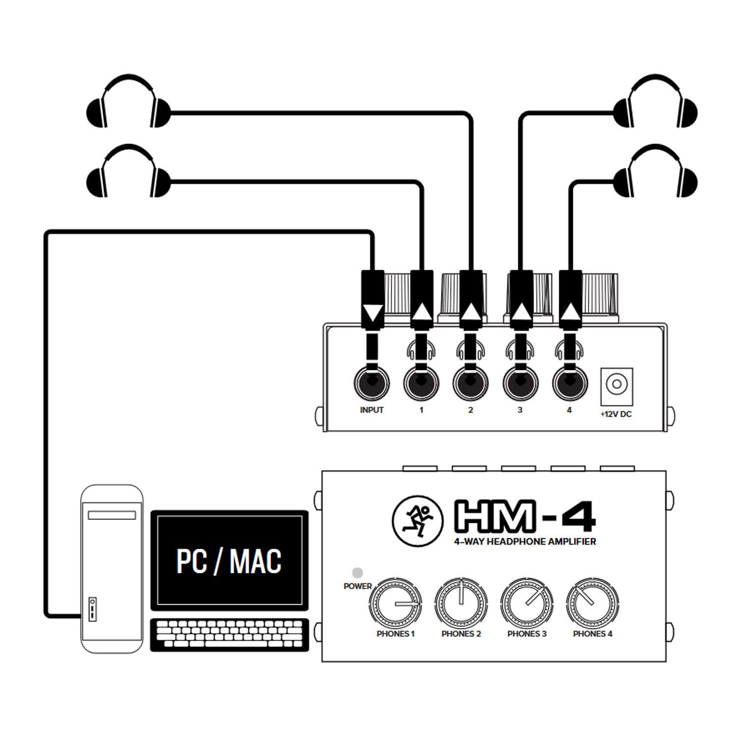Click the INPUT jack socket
pos(371,383)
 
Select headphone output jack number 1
pos(421,383)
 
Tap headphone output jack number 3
pos(520,383)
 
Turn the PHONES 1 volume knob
pos(396,604)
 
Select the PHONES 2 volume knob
pos(461,604)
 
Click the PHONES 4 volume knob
pos(593,604)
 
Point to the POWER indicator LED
pos(358,572)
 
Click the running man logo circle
pos(415,523)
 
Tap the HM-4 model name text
pos(525,516)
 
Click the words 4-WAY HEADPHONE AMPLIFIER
pos(525,541)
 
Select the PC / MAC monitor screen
pos(229,560)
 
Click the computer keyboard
pos(229,634)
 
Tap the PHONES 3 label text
pos(527,634)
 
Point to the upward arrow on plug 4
pos(570,312)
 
